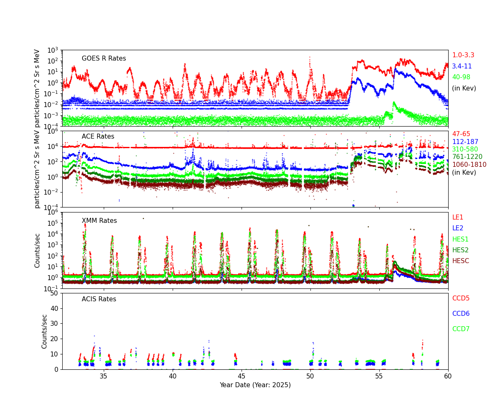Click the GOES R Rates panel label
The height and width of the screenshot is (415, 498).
click(104, 59)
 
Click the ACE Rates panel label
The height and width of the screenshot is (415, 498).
click(98, 137)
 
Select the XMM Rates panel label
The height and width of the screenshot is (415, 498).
click(99, 221)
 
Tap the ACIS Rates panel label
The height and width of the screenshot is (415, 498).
click(99, 299)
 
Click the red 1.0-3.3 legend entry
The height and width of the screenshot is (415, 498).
click(463, 55)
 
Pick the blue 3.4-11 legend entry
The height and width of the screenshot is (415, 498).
click(462, 66)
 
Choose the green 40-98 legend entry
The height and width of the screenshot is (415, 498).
click(461, 77)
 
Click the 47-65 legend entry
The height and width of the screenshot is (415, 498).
click(461, 134)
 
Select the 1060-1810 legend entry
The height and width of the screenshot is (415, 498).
click(469, 165)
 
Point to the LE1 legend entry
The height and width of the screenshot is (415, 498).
click(458, 217)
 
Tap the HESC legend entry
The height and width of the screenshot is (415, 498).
click(461, 261)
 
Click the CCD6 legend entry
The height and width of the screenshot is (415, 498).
click(461, 314)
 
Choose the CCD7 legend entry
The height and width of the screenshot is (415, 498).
click(461, 329)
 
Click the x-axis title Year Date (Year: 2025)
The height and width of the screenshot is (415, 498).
click(255, 385)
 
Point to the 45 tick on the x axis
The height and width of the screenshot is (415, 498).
click(242, 376)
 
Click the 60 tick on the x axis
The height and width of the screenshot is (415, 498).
click(448, 376)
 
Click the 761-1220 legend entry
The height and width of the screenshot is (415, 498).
click(467, 157)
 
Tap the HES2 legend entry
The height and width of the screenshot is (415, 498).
click(460, 250)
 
